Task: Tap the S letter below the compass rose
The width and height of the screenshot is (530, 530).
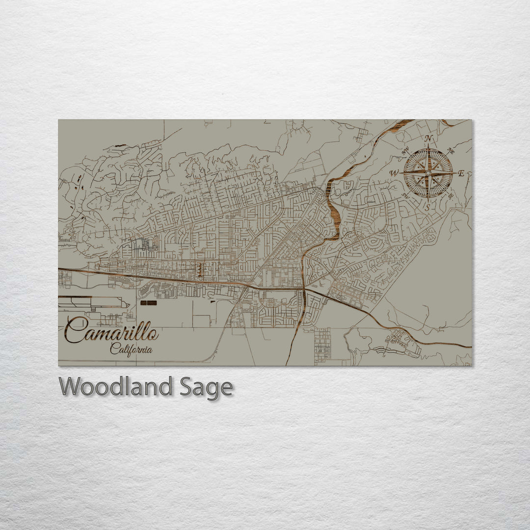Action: pos(427,207)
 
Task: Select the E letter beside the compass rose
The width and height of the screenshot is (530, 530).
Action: pos(461,173)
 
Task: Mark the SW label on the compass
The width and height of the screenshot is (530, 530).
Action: pos(405,195)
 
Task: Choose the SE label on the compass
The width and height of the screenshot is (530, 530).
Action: pos(450,195)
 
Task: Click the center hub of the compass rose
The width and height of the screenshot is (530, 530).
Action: pos(428,173)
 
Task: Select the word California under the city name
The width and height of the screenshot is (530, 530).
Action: pos(131,350)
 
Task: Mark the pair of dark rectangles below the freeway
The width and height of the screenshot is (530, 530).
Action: pos(148,303)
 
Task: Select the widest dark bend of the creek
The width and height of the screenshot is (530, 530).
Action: pos(334,216)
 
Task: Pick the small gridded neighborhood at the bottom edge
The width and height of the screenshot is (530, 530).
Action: pos(322,346)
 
